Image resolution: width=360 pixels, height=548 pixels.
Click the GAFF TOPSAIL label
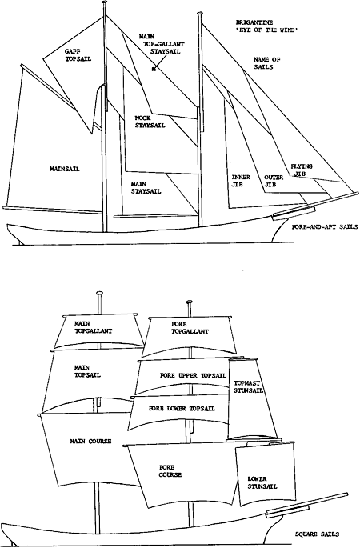pos(78,55)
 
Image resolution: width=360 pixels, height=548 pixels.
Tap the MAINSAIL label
pos(65,169)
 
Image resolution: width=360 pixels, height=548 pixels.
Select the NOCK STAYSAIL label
pos(150,122)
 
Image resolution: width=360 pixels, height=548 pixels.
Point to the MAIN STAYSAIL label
pos(146,188)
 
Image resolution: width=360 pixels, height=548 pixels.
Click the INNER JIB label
pos(240,181)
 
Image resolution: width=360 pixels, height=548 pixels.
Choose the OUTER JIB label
pos(274,181)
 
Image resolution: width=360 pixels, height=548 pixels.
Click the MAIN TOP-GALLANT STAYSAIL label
pos(162,44)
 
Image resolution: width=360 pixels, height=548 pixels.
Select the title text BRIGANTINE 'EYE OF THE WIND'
pos(266,26)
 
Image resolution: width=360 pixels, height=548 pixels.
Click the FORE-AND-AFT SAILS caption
pos(324,227)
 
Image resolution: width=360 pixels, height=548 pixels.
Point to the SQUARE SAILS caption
pos(317,534)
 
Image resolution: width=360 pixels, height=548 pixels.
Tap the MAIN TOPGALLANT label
pos(94,327)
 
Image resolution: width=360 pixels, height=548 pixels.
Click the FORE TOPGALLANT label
pos(190,328)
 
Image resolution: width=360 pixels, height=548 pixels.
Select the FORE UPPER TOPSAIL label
pos(194,376)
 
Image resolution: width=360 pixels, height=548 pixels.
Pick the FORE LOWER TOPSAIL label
pos(182,409)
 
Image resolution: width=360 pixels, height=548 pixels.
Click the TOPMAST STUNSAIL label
pos(248,387)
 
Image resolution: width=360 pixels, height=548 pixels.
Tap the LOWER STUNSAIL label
pos(262,482)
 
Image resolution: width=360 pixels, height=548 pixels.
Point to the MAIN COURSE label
pos(90,442)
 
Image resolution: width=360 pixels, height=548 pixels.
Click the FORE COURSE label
pos(170,471)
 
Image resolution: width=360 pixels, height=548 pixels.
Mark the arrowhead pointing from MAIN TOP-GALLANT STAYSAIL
pos(154,69)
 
